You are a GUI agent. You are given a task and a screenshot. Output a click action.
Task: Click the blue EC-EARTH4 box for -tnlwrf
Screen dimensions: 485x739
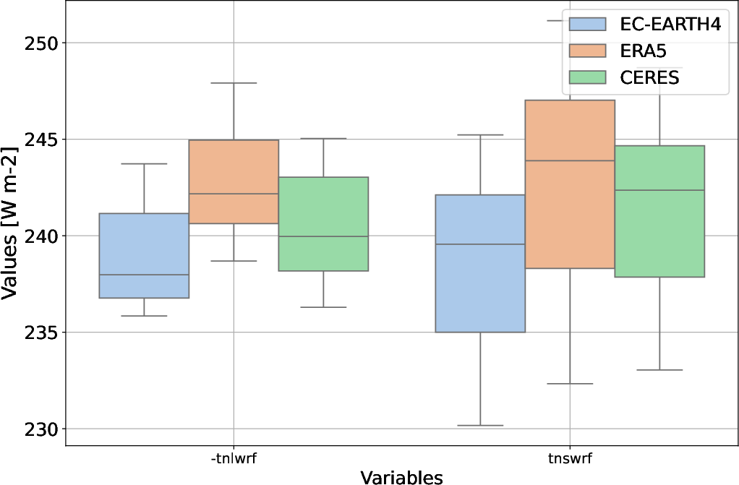point(144,255)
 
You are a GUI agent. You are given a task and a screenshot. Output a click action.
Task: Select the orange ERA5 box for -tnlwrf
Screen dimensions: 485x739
point(234,181)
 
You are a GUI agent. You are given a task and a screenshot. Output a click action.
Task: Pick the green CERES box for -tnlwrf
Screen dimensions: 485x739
point(323,224)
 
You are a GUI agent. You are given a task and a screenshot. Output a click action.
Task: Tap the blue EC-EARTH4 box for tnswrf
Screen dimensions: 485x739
point(480,263)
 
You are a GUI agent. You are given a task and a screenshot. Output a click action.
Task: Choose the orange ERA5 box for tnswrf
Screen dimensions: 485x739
point(570,184)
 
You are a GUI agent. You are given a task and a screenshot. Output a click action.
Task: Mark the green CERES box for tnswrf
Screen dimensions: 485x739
point(659,211)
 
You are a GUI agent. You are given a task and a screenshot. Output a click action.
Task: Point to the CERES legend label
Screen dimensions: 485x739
point(649,77)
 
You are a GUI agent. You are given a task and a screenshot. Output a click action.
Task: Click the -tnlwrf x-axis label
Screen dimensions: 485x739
point(234,458)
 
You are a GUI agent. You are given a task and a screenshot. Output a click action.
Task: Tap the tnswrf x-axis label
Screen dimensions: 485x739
point(570,458)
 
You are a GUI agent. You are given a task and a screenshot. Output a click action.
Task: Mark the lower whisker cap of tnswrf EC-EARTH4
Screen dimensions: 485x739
point(480,425)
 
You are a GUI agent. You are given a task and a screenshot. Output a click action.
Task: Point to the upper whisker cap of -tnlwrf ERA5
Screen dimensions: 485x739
point(234,83)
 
